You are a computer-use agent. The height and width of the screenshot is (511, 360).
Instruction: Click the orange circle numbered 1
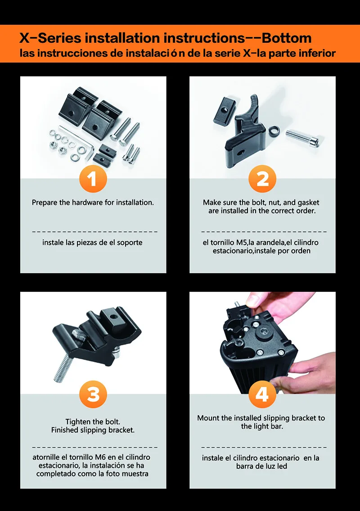coord(93,179)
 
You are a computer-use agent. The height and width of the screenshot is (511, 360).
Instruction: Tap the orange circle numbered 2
coord(262,179)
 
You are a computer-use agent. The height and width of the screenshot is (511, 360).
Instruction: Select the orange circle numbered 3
coord(93,394)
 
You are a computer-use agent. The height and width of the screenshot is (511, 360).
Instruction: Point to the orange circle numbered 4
coord(262,394)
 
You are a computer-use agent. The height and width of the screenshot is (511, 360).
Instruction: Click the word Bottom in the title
coord(286,38)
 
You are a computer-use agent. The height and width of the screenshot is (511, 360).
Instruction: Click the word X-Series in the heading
coord(50,38)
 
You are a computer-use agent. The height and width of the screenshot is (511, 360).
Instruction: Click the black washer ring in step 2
coord(274,131)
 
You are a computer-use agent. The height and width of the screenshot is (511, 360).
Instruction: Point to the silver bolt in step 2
coord(302,138)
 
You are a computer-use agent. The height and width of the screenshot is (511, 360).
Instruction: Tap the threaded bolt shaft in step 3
coord(64,368)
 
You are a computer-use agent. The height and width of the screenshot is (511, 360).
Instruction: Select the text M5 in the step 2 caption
coord(241,243)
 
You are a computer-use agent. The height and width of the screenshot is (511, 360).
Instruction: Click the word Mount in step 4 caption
coord(208,418)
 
